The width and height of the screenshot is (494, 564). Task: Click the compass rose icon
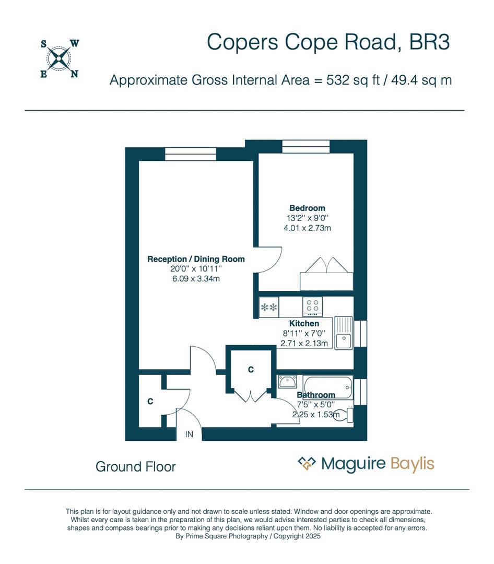pos(57,58)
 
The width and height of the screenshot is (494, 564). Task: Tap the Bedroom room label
pos(307,208)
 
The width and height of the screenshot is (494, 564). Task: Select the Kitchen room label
pos(304,324)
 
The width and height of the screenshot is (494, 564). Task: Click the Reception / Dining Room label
pos(196,259)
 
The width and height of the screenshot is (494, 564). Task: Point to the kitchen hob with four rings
pos(313,306)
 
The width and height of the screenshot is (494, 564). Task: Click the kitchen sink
pos(344,333)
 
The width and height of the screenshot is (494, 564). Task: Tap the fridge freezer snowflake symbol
pos(269,307)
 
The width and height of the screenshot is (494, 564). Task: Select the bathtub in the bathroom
pos(327,386)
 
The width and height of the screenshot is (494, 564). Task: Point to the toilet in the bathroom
pos(345,416)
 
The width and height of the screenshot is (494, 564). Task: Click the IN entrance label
pos(189,434)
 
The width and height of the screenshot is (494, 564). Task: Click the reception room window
pos(191,154)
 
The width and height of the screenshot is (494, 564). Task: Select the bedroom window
pos(306,147)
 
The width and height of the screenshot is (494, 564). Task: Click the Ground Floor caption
pos(136,466)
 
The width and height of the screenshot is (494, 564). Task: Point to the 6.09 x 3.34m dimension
pos(196,279)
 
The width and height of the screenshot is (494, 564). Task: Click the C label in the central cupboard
pos(251,370)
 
